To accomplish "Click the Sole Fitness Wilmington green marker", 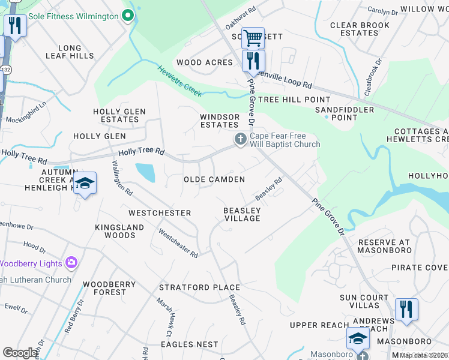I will pyautogui.click(x=127, y=16).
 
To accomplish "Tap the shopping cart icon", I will pyautogui.click(x=253, y=38).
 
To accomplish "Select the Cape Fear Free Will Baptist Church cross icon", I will pyautogui.click(x=240, y=140).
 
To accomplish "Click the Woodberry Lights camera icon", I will pyautogui.click(x=71, y=262).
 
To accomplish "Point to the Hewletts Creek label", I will pyautogui.click(x=180, y=82).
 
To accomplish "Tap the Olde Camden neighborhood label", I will pyautogui.click(x=214, y=179).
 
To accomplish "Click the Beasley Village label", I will pyautogui.click(x=242, y=214).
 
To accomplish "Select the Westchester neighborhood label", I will pyautogui.click(x=160, y=213).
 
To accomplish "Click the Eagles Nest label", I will pyautogui.click(x=190, y=344).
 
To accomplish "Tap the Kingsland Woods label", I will pyautogui.click(x=120, y=231).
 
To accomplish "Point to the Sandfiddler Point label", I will pyautogui.click(x=345, y=113).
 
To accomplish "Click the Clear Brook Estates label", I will pyautogui.click(x=359, y=29).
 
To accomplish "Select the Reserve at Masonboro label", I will pyautogui.click(x=384, y=246).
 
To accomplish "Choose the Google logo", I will pyautogui.click(x=20, y=353).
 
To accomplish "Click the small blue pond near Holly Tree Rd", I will pyautogui.click(x=145, y=172).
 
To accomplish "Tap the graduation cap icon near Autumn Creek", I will pyautogui.click(x=85, y=184).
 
